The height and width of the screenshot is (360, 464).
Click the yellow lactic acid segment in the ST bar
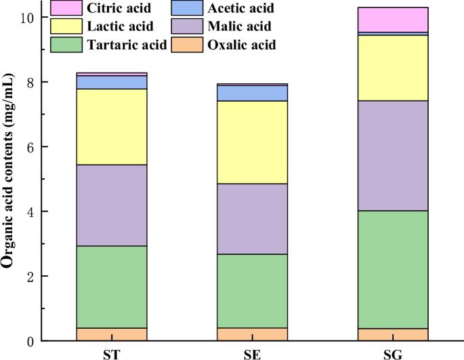pyautogui.click(x=111, y=127)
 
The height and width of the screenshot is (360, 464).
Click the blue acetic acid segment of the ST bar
pyautogui.click(x=111, y=82)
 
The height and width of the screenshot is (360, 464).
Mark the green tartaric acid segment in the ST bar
pyautogui.click(x=111, y=287)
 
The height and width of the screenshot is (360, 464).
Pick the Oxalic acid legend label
pyautogui.click(x=241, y=45)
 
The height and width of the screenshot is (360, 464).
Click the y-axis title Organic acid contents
pyautogui.click(x=9, y=179)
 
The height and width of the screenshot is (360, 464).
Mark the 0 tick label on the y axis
pyautogui.click(x=30, y=341)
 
